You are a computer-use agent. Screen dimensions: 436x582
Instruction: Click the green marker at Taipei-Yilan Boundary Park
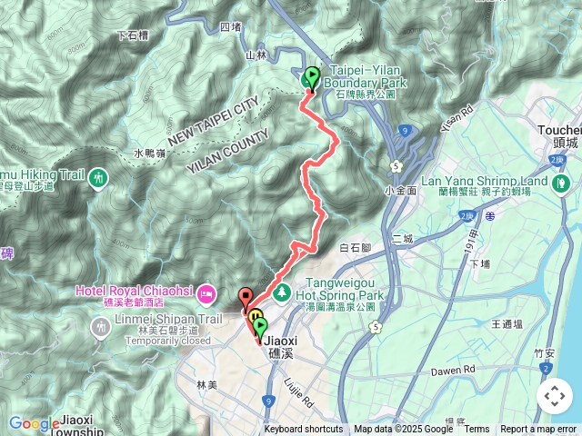click(312, 79)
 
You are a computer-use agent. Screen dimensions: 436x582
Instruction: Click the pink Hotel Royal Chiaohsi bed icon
click(207, 292)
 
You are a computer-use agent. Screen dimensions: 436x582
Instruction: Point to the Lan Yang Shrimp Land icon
click(563, 183)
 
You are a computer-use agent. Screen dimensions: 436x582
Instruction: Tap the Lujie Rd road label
click(299, 391)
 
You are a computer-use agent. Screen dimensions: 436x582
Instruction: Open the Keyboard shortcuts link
click(304, 430)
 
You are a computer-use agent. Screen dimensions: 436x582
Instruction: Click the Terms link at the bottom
click(477, 430)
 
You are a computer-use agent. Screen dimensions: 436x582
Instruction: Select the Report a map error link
click(539, 430)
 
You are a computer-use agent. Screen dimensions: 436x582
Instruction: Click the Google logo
click(33, 423)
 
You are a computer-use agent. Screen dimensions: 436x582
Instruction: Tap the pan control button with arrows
click(554, 396)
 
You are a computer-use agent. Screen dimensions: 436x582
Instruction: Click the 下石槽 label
click(133, 36)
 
